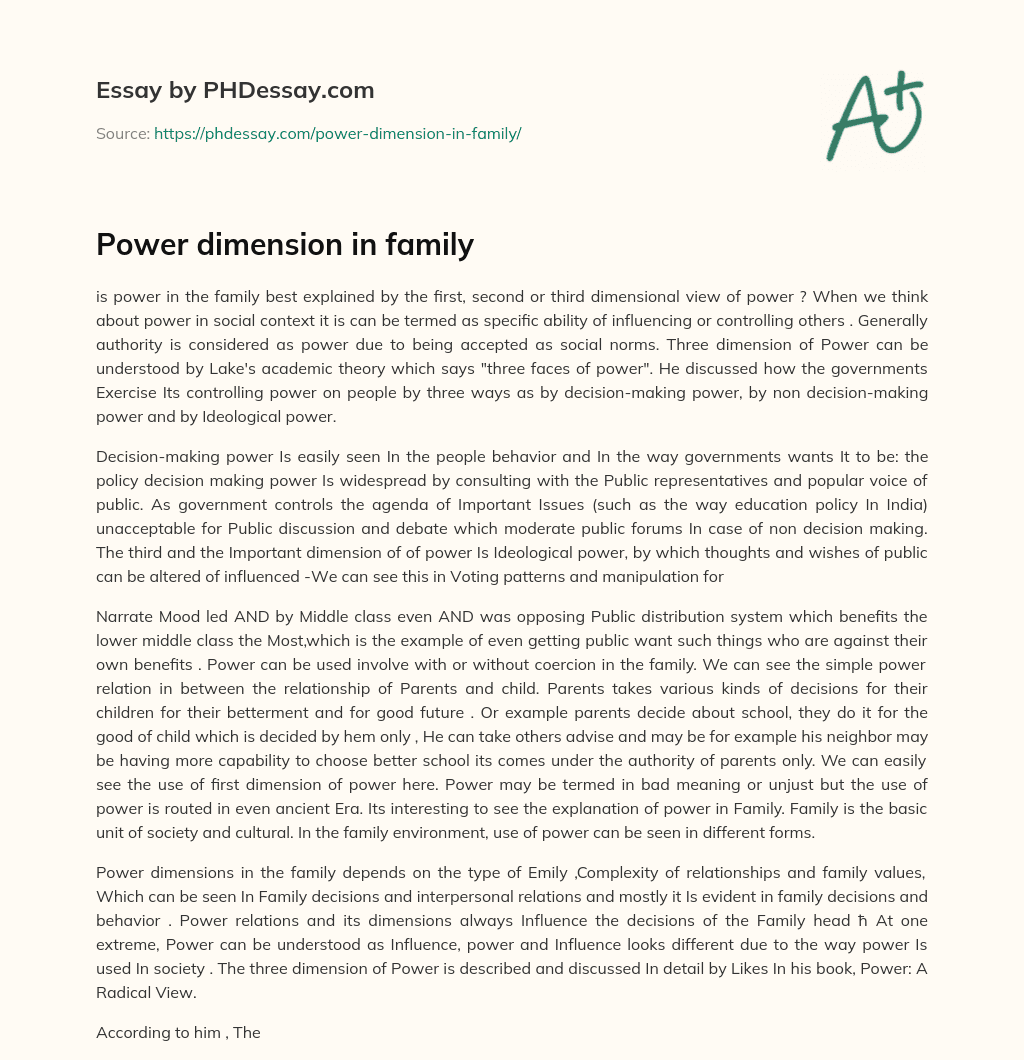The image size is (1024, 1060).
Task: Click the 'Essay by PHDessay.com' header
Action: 235,91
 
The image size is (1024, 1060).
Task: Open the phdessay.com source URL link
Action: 337,133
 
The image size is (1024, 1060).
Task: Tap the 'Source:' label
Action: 122,133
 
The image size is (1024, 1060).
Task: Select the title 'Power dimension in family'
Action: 284,244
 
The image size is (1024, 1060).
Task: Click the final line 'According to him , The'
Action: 178,1032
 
